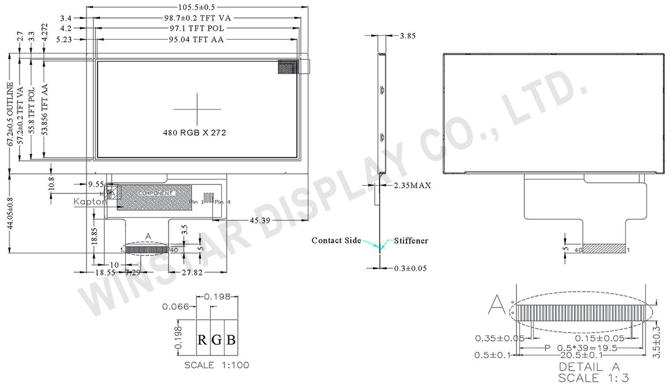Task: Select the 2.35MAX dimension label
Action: pos(412,185)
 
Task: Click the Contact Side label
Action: pos(336,240)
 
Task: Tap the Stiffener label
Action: pos(411,240)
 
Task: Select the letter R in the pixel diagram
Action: pos(203,339)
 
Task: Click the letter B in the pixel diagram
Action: pos(230,339)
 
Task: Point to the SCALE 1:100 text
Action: pos(217,365)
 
